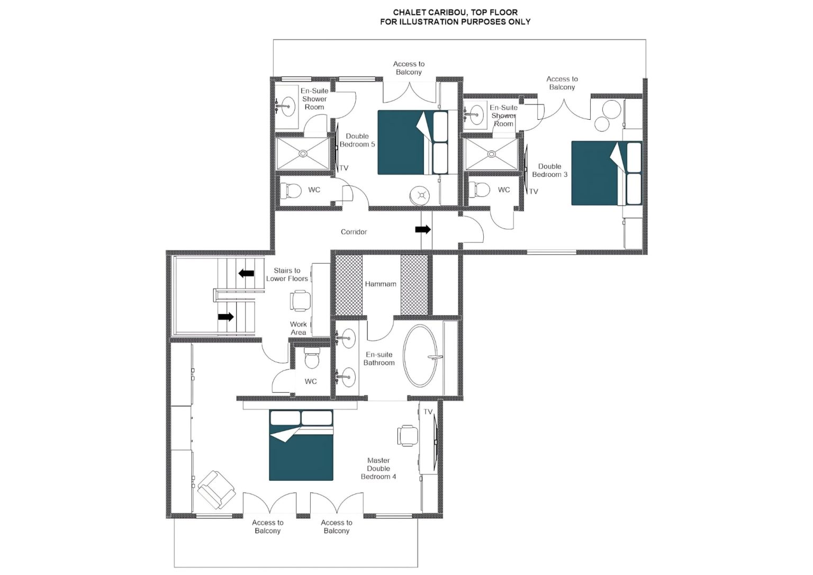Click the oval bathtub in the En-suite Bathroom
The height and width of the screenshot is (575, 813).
(x=420, y=355)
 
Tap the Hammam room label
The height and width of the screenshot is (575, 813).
(x=381, y=284)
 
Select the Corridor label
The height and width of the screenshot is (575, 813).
(x=354, y=231)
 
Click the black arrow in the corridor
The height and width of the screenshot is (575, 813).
(x=423, y=229)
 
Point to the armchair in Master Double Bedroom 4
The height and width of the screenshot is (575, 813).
(x=216, y=490)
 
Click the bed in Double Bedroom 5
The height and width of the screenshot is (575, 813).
(x=413, y=142)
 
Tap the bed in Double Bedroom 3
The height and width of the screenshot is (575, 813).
(x=607, y=173)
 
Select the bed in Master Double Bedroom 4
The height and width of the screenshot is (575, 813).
(x=301, y=445)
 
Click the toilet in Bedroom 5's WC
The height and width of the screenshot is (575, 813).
(x=291, y=191)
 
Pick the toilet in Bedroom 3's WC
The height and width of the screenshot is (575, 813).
(x=480, y=190)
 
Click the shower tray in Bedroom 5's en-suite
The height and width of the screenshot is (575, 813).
(x=303, y=154)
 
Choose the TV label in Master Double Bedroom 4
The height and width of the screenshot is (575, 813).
(x=428, y=411)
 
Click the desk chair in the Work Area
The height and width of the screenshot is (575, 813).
(x=300, y=301)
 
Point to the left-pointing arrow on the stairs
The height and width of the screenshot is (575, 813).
(x=246, y=273)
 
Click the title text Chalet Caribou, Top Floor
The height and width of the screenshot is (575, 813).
(x=456, y=13)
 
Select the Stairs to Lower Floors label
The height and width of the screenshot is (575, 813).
(x=287, y=274)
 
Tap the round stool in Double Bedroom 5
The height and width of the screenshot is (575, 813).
(x=421, y=195)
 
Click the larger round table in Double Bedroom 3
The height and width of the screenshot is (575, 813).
(x=611, y=109)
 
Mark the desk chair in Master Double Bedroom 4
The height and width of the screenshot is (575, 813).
(x=408, y=435)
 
